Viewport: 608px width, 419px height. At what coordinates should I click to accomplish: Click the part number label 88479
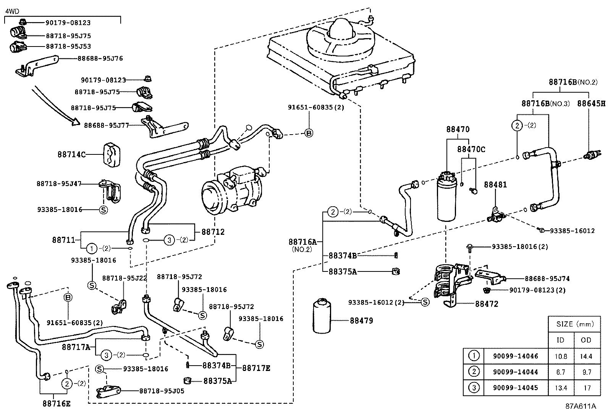pos(361,321)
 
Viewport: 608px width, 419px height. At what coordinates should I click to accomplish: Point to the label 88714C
pos(71,154)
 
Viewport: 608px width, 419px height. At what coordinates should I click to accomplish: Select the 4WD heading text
pos(11,11)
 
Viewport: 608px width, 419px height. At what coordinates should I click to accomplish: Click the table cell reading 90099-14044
pos(515,372)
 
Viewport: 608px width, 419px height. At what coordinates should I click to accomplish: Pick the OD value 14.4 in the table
pos(586,356)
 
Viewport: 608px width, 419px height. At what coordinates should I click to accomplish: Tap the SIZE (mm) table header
pos(575,324)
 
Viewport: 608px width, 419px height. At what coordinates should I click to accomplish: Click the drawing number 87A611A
pos(581,406)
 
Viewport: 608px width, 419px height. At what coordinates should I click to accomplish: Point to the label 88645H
pos(591,103)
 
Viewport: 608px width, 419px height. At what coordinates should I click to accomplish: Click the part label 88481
pos(495,185)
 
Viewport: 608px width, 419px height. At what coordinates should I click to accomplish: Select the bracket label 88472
pos(487,304)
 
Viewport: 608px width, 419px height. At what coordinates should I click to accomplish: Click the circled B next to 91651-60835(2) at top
pos(309,133)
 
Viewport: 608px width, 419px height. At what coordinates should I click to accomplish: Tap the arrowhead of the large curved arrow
pos(75,123)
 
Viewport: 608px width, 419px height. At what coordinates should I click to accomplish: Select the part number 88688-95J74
pos(547,279)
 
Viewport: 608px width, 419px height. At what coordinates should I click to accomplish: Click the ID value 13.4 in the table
pos(561,388)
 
